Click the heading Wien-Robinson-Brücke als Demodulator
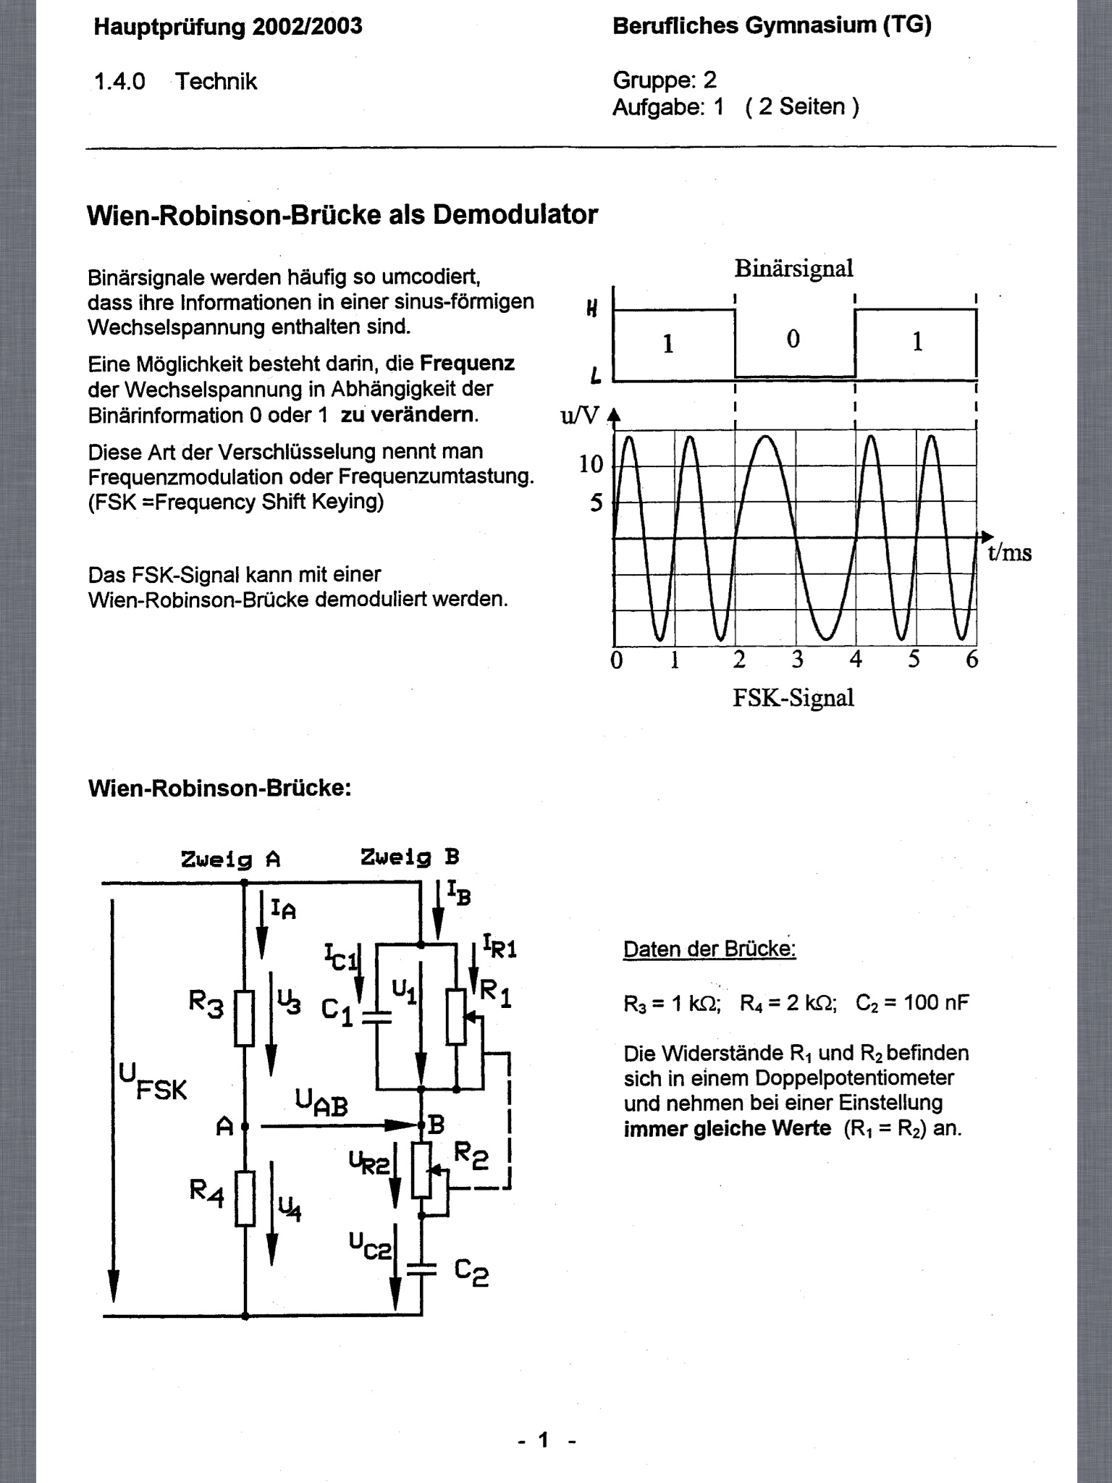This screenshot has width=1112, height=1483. coord(342,215)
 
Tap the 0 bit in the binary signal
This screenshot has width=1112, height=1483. coord(793,339)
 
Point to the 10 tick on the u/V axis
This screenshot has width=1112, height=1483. coord(591,464)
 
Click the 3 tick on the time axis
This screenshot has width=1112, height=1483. coord(797,660)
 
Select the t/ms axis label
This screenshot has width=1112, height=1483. coord(1009,553)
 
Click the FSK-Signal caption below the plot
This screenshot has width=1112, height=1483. coord(793,698)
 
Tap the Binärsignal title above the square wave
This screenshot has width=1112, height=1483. coord(793,269)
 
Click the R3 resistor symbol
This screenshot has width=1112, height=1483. coord(245,1019)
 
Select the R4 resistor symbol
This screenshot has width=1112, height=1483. coord(245,1198)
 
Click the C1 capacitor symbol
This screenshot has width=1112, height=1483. coord(376,1017)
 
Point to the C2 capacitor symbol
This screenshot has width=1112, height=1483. coord(421,1268)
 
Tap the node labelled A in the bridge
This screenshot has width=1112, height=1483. coord(245,1126)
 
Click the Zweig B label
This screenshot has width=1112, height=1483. coord(410,858)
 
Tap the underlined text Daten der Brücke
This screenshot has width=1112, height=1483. coord(709,949)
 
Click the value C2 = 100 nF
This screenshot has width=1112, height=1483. coord(911,1003)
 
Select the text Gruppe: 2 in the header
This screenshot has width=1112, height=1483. coord(664,80)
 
